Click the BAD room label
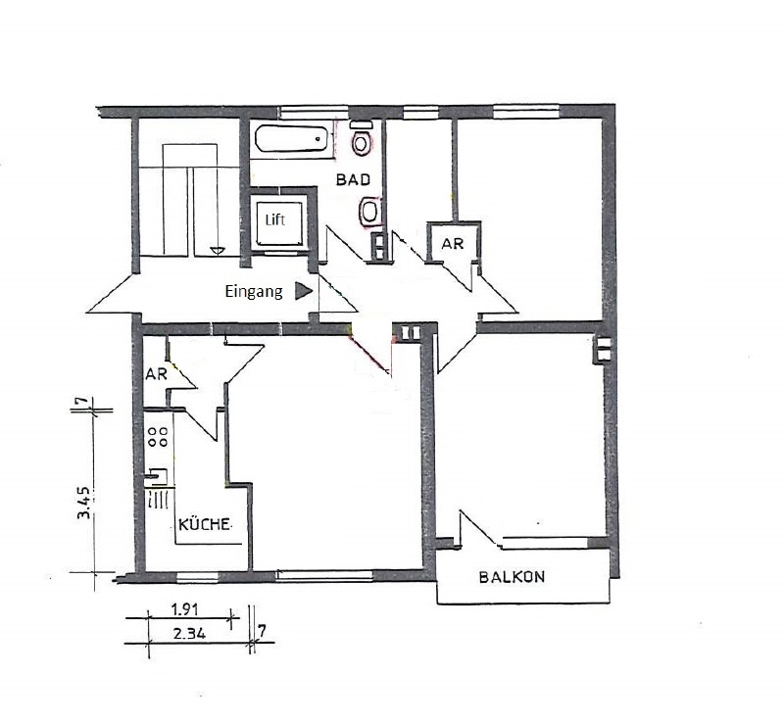coord(353,180)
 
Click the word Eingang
coord(254,291)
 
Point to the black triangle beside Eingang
coord(304,291)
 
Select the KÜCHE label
coord(207,525)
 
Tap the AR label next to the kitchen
coord(156,374)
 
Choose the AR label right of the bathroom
coord(452,244)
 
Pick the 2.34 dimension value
coord(188,633)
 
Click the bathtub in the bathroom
coord(291,139)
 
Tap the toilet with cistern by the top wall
coord(362,141)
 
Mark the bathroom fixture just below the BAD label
coord(369,211)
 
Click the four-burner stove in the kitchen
coord(157,436)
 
